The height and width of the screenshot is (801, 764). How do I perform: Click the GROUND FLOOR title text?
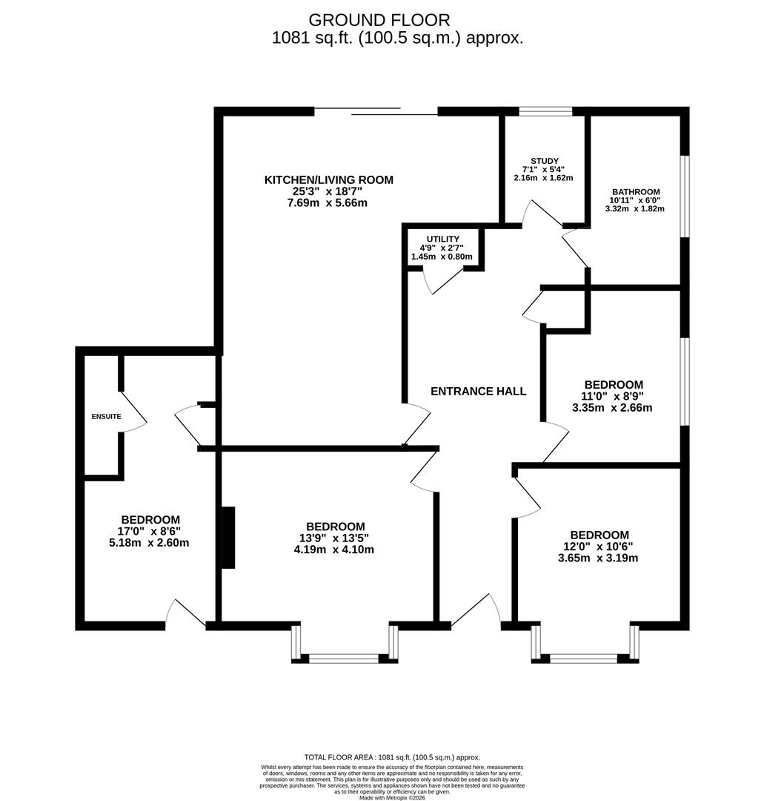[x=379, y=20]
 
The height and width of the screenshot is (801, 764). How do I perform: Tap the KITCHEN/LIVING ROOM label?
[x=329, y=179]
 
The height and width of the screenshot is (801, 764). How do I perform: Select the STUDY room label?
[x=544, y=161]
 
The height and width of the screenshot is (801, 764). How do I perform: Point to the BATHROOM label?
[x=635, y=191]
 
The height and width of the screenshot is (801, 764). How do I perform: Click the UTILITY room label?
[x=442, y=239]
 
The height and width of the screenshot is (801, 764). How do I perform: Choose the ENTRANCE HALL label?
[x=479, y=392]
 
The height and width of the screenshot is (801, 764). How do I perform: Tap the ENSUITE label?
[x=106, y=417]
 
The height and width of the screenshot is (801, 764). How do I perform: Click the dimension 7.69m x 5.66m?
[x=329, y=202]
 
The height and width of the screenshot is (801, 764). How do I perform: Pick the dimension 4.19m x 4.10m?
[x=333, y=550]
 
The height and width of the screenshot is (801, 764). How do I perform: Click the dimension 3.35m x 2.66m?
[x=612, y=407]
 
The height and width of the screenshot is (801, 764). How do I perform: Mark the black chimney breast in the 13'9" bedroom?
[x=228, y=538]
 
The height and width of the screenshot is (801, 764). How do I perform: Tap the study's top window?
[x=545, y=113]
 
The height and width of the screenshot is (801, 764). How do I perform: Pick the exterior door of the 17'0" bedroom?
[x=185, y=614]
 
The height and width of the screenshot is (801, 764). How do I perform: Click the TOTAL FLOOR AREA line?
[x=392, y=756]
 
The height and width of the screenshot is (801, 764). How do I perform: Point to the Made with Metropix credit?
[x=392, y=797]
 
